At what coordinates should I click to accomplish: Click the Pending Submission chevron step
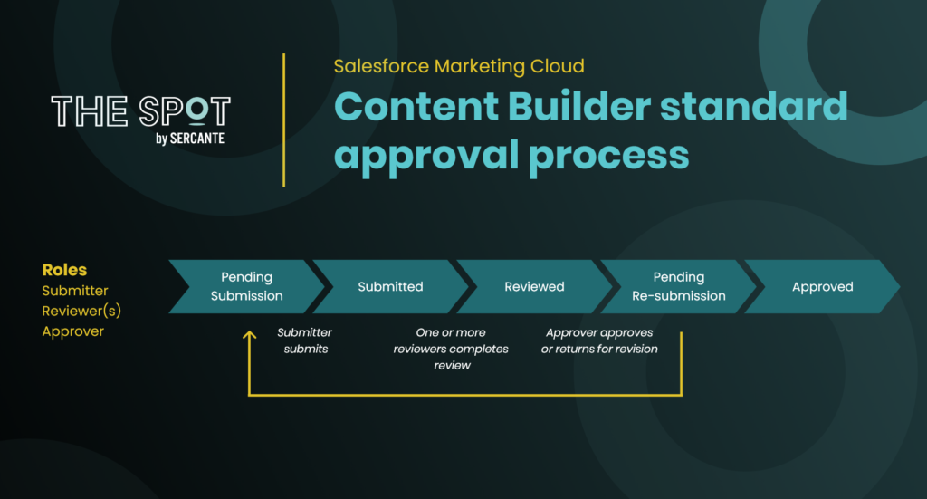coord(247,287)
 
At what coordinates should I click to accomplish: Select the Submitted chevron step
coord(391,287)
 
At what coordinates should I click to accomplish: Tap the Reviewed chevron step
coord(534,287)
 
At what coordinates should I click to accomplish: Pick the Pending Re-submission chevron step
coord(679,287)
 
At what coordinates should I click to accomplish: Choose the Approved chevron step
coord(822,287)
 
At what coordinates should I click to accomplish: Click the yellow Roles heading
coord(64,270)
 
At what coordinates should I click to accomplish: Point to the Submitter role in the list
coord(75,291)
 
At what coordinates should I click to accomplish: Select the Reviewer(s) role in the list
coord(81,311)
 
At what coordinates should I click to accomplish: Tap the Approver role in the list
coord(72,331)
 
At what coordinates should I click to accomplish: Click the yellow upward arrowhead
coord(250,335)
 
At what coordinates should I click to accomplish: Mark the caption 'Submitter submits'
coord(305,341)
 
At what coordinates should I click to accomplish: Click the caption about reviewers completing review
coord(451,349)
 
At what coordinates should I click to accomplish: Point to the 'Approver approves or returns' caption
coord(599,341)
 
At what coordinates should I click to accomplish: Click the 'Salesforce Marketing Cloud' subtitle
coord(459,66)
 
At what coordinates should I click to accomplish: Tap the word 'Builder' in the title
coord(578,107)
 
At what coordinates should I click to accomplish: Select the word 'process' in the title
coord(609,156)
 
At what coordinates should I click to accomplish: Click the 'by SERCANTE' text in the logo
coord(190,139)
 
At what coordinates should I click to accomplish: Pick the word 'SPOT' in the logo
coord(185,111)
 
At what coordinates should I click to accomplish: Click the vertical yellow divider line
coord(283,120)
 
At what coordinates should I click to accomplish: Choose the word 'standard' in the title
coord(754,107)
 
